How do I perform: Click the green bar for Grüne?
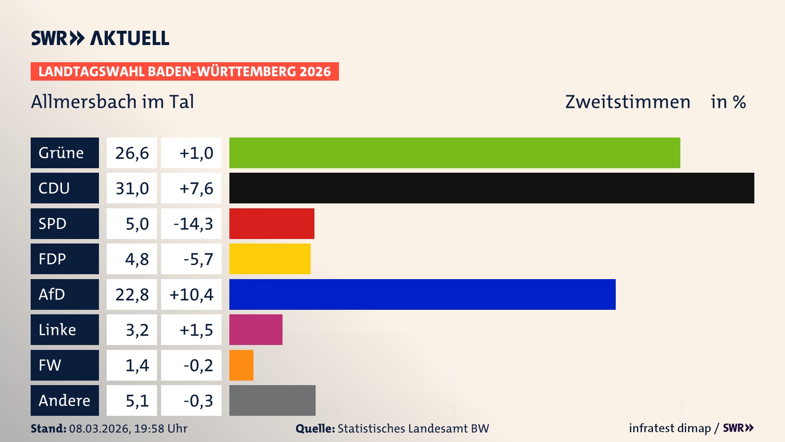point(455,153)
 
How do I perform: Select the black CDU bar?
point(491,188)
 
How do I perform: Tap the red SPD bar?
point(271,223)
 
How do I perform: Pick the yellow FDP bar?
point(270,259)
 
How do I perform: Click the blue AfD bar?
point(422,294)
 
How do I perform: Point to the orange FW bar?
point(241,365)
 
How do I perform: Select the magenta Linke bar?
point(256,329)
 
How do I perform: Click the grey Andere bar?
point(272,400)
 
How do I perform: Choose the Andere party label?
point(65,400)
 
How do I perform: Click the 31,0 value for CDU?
point(132,188)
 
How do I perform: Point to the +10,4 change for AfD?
point(191,294)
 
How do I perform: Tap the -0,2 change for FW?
point(198,365)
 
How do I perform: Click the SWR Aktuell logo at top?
point(100,38)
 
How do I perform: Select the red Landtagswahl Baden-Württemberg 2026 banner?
point(184,71)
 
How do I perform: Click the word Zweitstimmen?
point(628,101)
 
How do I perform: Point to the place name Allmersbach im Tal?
point(112,101)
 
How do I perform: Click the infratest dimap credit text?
point(670,428)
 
